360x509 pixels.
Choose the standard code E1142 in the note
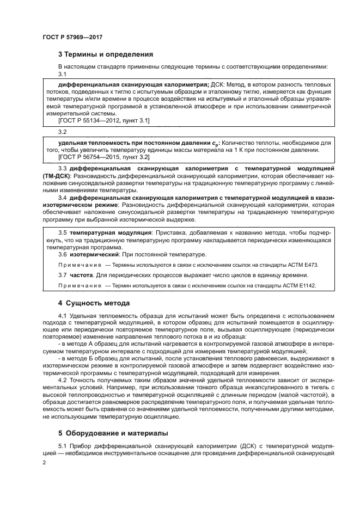click(x=306, y=286)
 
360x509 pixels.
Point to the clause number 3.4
click(x=63, y=198)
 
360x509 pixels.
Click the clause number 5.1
click(x=63, y=445)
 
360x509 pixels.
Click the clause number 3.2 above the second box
click(x=63, y=131)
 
